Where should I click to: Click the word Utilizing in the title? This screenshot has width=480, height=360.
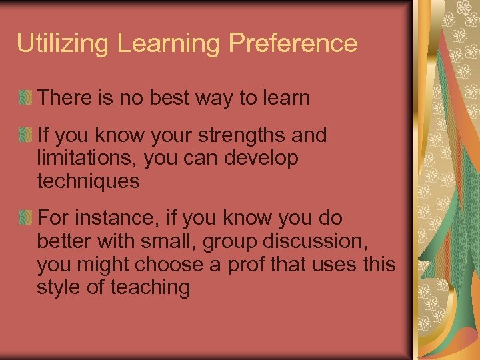click(63, 44)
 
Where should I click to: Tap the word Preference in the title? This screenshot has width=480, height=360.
click(293, 44)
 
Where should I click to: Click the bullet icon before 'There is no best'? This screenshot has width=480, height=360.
click(25, 99)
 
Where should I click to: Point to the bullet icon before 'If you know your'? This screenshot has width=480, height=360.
click(25, 136)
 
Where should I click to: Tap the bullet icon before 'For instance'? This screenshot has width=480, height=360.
click(25, 219)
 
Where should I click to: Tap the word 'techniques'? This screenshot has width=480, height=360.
click(89, 181)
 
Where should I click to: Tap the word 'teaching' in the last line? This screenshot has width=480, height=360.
click(153, 287)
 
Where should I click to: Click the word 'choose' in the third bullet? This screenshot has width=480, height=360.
click(171, 264)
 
